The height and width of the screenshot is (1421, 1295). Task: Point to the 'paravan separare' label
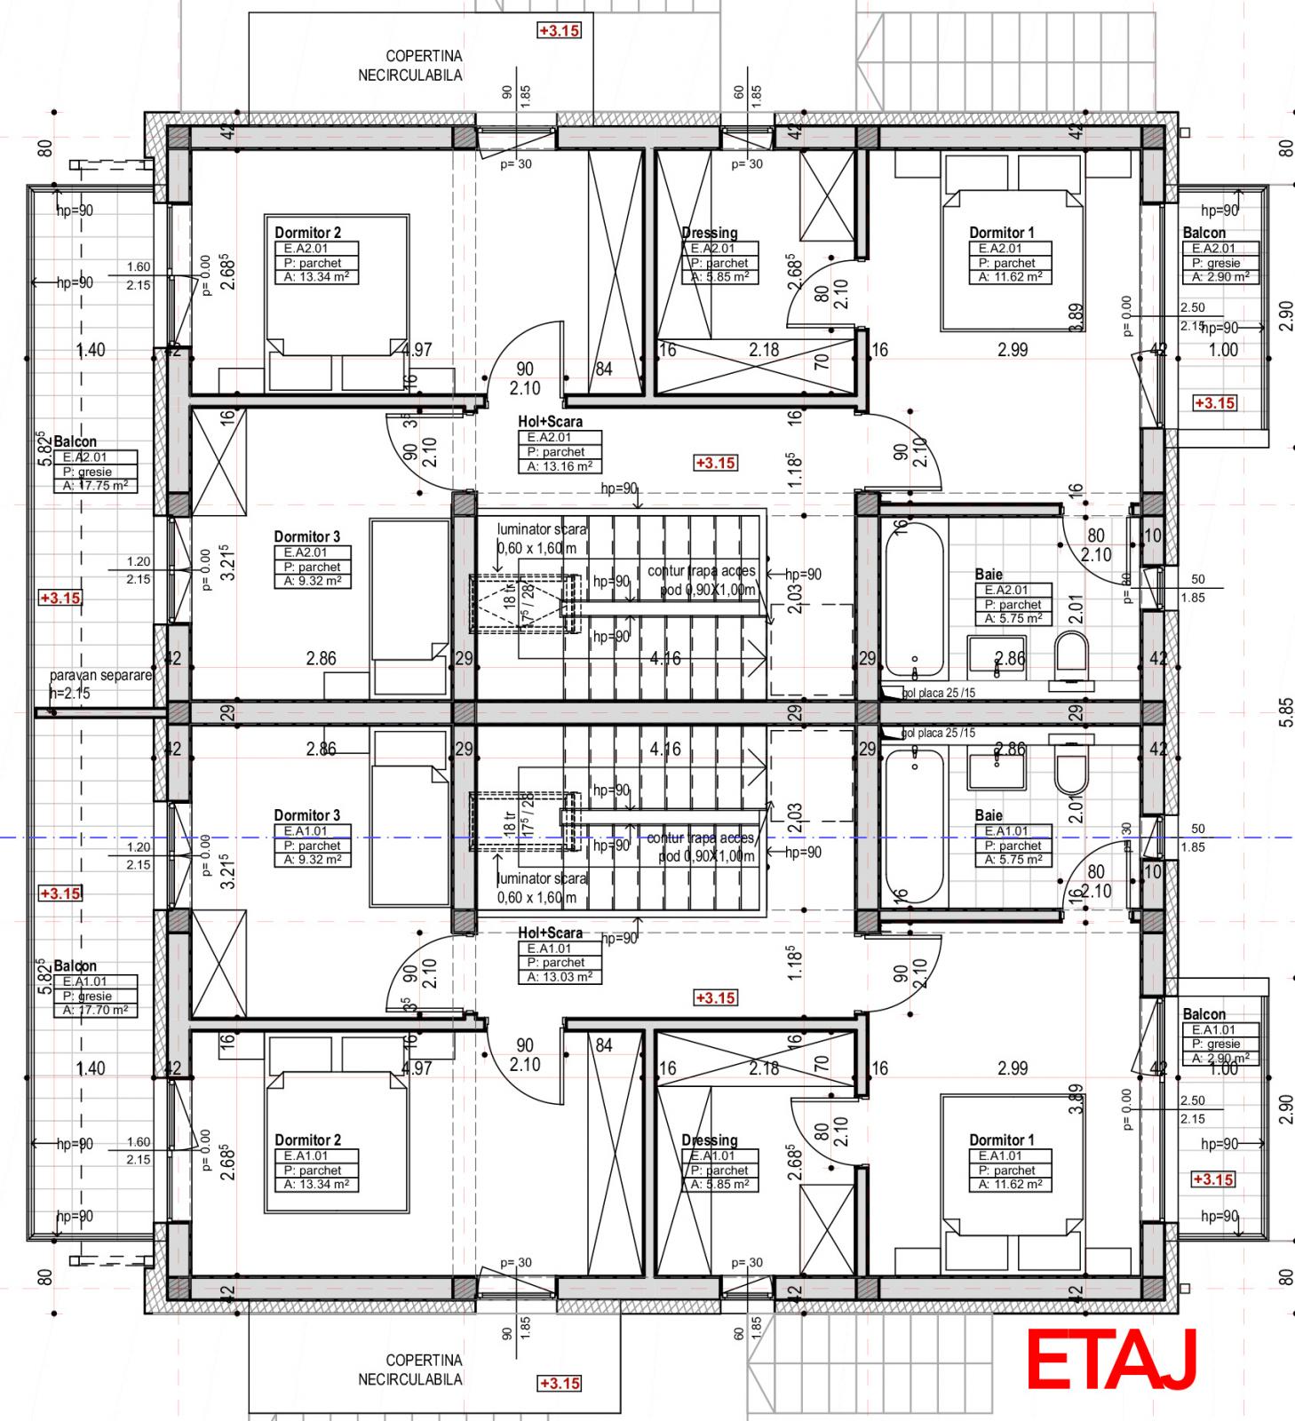point(100,676)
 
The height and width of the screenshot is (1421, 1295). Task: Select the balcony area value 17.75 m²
point(95,486)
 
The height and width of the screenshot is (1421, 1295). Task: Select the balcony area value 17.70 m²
point(95,1010)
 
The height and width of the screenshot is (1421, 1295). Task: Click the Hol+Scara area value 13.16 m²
point(560,466)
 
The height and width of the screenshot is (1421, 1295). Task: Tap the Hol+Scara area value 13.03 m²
point(560,977)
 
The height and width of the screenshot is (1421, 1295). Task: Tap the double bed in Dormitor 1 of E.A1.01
point(1013,1172)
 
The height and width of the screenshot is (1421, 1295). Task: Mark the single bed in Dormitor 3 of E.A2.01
point(409,604)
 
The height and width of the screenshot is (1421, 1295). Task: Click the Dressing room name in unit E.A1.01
point(710,1140)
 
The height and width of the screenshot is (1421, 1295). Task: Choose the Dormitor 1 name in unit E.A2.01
point(1001,233)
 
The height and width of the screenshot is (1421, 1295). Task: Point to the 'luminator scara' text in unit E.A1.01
point(542,878)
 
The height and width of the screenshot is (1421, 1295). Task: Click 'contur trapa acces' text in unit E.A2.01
point(702,571)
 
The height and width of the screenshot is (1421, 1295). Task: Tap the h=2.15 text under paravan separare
point(69,693)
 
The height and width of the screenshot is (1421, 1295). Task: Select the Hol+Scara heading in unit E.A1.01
point(550,933)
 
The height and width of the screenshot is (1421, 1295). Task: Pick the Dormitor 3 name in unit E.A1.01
point(306,815)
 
